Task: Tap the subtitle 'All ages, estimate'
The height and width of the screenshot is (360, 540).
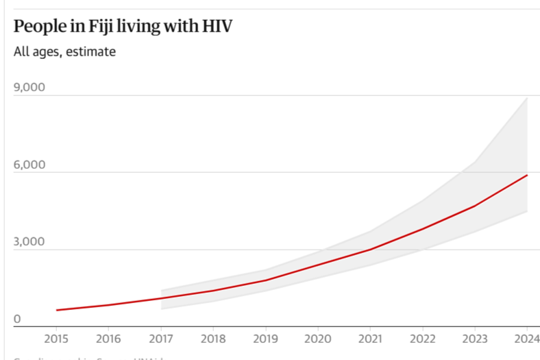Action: click(x=64, y=52)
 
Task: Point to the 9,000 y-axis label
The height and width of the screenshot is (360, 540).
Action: click(x=29, y=88)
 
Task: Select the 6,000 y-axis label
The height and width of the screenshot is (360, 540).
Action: click(x=29, y=165)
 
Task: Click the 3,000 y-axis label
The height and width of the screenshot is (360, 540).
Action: click(x=29, y=242)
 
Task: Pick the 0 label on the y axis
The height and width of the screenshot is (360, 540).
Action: click(x=18, y=319)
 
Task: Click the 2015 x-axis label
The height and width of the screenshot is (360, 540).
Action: click(x=56, y=338)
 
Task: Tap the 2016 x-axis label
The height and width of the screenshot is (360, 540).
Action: click(x=108, y=338)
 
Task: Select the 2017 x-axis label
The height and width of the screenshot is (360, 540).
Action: click(x=160, y=338)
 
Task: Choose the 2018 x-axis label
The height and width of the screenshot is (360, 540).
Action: click(x=213, y=338)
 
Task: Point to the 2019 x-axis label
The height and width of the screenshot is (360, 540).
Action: click(x=265, y=338)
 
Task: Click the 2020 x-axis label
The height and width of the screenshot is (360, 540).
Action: click(x=317, y=338)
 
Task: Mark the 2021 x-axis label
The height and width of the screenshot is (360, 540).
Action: click(x=370, y=338)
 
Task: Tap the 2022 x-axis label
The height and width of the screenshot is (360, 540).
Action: click(x=422, y=338)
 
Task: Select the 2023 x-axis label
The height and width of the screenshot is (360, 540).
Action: click(x=474, y=338)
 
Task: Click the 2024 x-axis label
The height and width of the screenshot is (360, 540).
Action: click(x=526, y=338)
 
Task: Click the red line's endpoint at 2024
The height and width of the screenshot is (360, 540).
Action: click(x=527, y=176)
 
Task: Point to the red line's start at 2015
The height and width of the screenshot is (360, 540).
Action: click(x=57, y=310)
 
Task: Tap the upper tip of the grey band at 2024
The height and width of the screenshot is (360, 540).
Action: click(x=527, y=98)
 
